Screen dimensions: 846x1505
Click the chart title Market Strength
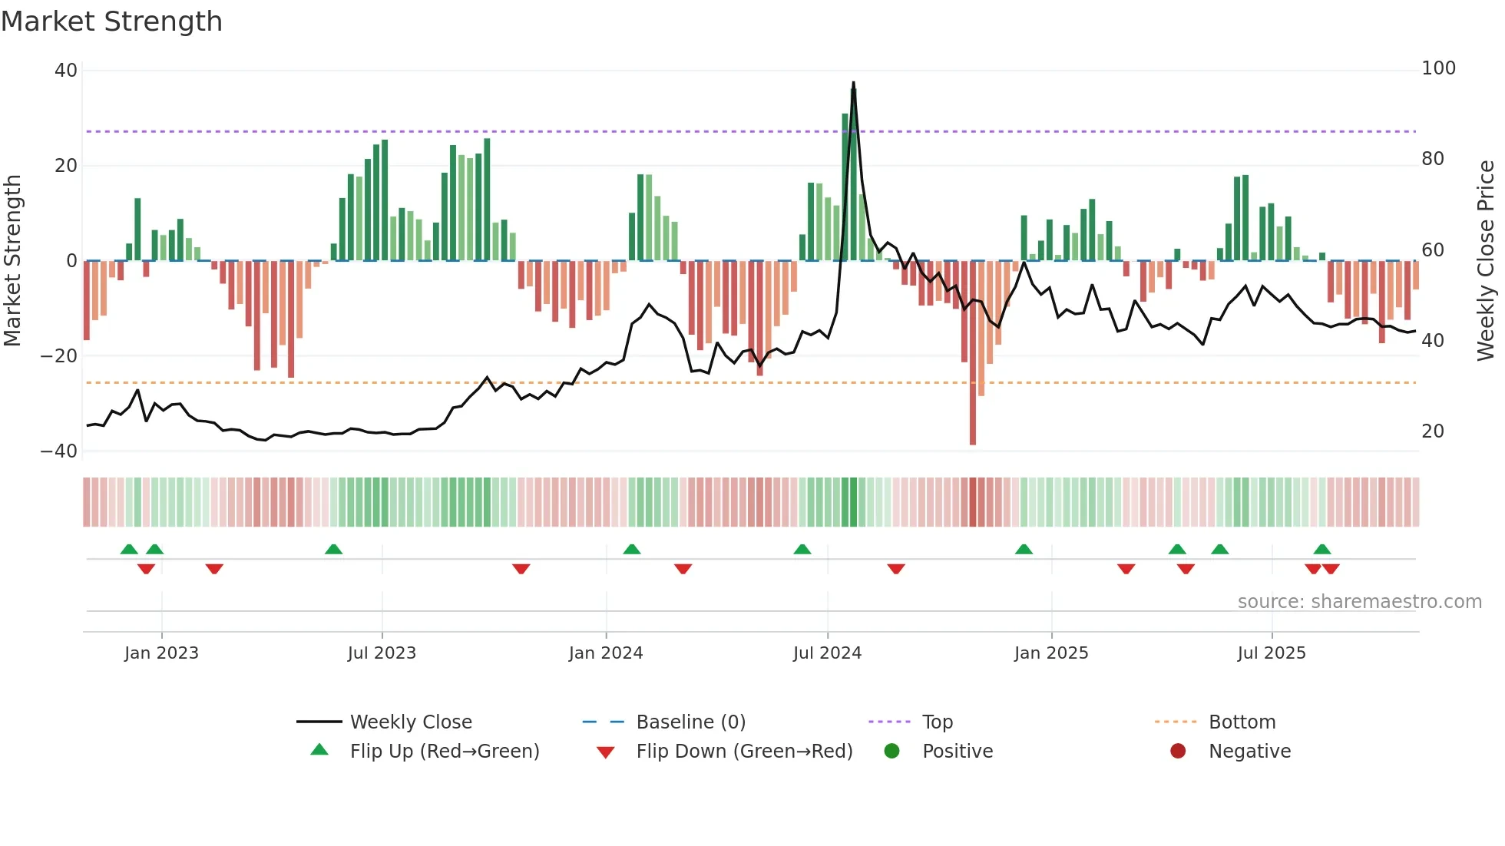point(111,21)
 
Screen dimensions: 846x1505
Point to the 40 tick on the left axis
point(66,71)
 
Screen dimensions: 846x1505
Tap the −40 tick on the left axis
point(59,451)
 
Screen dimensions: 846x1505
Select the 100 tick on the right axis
point(1438,68)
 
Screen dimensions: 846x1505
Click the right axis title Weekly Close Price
point(1486,260)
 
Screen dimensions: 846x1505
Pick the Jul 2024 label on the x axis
point(827,653)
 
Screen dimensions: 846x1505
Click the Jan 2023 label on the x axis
point(161,653)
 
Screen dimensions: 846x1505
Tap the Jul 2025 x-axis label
point(1272,653)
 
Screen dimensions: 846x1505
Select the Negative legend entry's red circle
point(1178,751)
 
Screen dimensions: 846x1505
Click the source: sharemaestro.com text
point(1359,602)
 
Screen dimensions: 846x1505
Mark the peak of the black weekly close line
point(853,83)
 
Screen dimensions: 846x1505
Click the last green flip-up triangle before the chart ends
point(1321,549)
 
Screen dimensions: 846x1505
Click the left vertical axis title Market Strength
point(13,260)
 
